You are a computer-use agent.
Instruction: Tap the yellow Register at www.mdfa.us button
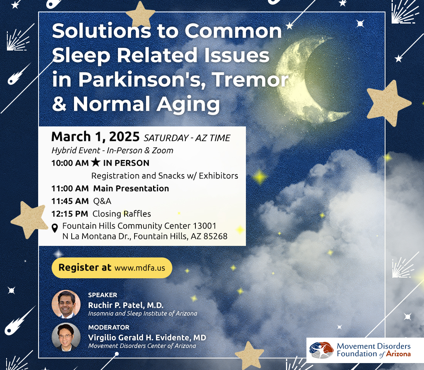(x=112, y=268)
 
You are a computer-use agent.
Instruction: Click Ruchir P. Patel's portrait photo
(x=66, y=304)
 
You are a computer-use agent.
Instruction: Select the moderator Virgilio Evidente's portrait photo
(x=66, y=337)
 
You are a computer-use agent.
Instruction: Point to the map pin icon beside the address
(x=55, y=228)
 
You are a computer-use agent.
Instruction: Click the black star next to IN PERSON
(x=96, y=162)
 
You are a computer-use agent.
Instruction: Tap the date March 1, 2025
(x=96, y=136)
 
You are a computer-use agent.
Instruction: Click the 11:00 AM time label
(x=70, y=188)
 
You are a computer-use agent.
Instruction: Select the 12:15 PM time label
(x=70, y=214)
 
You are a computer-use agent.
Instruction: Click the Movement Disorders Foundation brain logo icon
(x=321, y=350)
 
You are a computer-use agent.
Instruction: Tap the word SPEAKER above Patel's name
(x=103, y=295)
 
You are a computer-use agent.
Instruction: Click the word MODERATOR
(x=109, y=327)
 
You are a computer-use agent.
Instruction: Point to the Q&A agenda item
(x=102, y=201)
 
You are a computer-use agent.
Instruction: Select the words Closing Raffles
(x=122, y=214)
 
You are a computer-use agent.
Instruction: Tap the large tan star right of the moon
(x=389, y=103)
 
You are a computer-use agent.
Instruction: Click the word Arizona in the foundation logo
(x=398, y=354)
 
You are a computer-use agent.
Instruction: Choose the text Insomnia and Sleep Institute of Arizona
(x=143, y=313)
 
